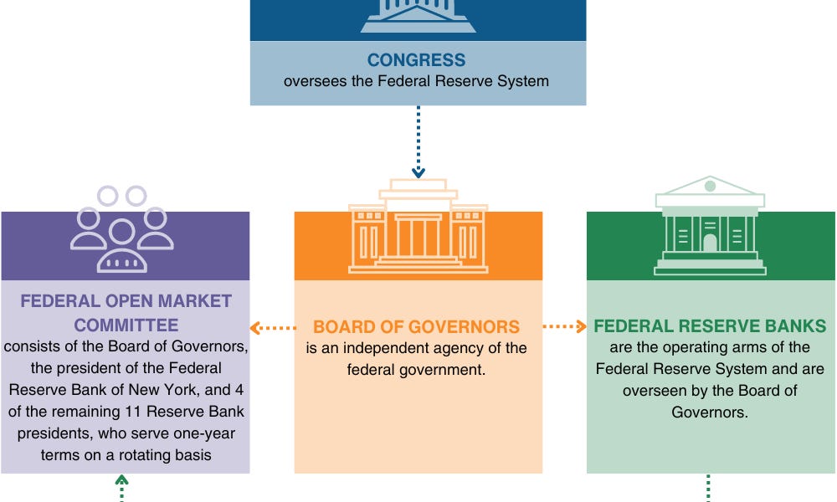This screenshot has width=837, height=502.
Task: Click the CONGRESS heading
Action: click(x=416, y=61)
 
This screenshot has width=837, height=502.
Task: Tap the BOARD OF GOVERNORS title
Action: click(x=416, y=326)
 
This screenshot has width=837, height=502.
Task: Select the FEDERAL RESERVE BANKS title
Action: click(x=710, y=326)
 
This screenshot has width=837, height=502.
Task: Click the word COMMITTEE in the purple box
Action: click(x=126, y=324)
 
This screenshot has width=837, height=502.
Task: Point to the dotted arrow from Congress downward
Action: click(x=418, y=142)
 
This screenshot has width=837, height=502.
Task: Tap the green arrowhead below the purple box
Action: click(x=122, y=482)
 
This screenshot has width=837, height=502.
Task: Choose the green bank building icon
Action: click(x=710, y=228)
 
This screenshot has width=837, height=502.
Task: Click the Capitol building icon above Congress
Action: click(x=418, y=17)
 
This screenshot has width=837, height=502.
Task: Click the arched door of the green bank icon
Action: click(x=710, y=243)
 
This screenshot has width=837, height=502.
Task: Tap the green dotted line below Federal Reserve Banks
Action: click(x=709, y=489)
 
